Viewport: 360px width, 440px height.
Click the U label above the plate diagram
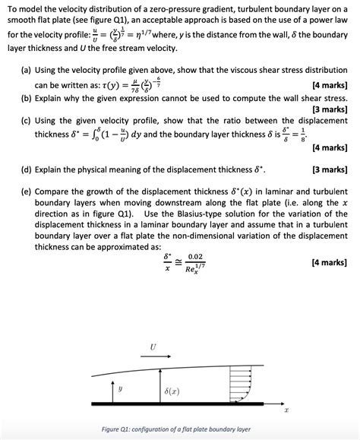click(x=153, y=348)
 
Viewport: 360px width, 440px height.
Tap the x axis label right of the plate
click(x=286, y=412)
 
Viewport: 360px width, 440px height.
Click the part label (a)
click(x=26, y=68)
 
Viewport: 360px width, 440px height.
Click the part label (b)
click(x=26, y=98)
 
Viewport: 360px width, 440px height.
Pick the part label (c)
click(x=26, y=120)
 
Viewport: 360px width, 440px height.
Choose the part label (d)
click(x=26, y=169)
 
